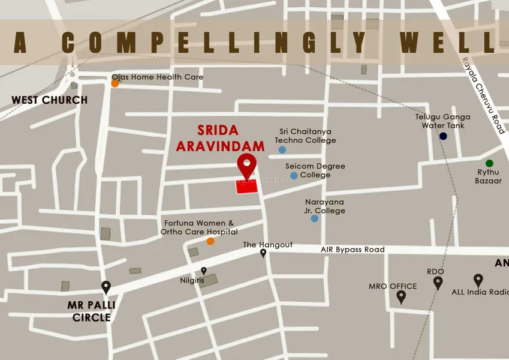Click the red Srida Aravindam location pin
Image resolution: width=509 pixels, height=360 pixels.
click(x=246, y=164)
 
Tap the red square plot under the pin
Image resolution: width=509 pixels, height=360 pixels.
click(x=246, y=186)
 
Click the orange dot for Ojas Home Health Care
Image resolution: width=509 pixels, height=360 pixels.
click(x=115, y=83)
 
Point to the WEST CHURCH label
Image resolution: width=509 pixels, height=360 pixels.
click(x=50, y=100)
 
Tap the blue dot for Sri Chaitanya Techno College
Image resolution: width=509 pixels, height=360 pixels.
click(x=282, y=149)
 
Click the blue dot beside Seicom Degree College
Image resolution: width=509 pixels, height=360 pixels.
click(x=294, y=175)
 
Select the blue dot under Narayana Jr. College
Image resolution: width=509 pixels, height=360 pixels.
click(x=314, y=218)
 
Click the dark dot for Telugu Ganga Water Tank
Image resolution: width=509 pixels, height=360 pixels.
click(x=443, y=136)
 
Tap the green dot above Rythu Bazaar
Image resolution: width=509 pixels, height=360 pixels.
click(x=489, y=163)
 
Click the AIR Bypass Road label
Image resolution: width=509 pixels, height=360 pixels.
click(x=353, y=250)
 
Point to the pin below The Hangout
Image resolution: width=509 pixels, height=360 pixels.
click(x=263, y=253)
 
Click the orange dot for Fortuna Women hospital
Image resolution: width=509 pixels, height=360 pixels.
click(x=210, y=241)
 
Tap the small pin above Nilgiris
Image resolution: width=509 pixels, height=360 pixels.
click(x=204, y=271)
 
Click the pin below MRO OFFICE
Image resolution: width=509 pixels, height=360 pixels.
click(x=401, y=296)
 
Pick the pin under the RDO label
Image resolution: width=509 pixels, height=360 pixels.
click(x=438, y=283)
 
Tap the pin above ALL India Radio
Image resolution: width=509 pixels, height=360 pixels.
click(x=478, y=280)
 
